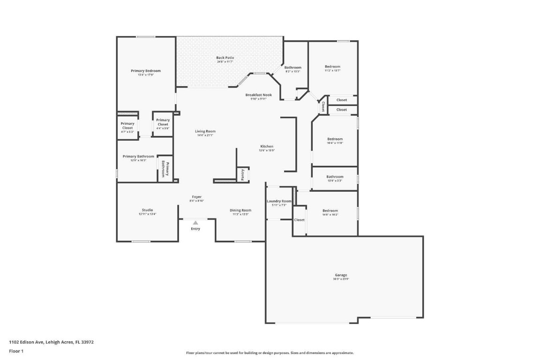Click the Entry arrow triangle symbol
pyautogui.click(x=195, y=223)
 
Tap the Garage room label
pyautogui.click(x=341, y=275)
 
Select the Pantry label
pyautogui.click(x=242, y=175)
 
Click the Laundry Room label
pyautogui.click(x=279, y=201)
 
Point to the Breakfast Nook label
pyautogui.click(x=258, y=95)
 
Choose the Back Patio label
pyautogui.click(x=225, y=58)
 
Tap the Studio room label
pyautogui.click(x=147, y=210)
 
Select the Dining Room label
pyautogui.click(x=240, y=210)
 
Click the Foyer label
pyautogui.click(x=197, y=197)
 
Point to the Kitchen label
pyautogui.click(x=267, y=146)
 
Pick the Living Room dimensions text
pyautogui.click(x=205, y=135)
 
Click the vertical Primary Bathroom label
pyautogui.click(x=165, y=169)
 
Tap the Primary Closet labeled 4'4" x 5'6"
pyautogui.click(x=163, y=122)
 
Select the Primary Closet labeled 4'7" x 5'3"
pyautogui.click(x=127, y=126)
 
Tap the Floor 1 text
pyautogui.click(x=16, y=351)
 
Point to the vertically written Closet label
pyautogui.click(x=323, y=106)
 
